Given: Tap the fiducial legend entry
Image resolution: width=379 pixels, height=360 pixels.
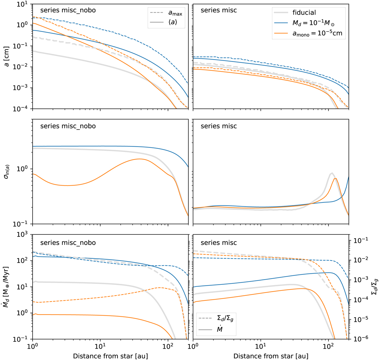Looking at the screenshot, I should click(x=304, y=13).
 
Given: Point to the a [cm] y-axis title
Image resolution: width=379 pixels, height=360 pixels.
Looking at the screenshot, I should click(x=7, y=57).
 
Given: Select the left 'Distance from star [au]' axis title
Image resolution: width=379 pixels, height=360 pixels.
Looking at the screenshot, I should click(x=110, y=356).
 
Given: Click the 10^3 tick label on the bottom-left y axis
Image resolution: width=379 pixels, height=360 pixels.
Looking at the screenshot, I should click(x=22, y=235).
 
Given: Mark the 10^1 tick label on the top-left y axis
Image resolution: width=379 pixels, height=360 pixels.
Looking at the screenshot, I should click(x=22, y=4).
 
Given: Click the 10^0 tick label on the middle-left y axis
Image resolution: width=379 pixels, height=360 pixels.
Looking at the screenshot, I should click(x=22, y=169).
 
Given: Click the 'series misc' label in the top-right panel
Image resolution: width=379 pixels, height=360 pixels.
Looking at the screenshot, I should click(x=219, y=10).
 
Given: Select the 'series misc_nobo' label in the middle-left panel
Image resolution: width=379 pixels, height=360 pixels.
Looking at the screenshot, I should click(x=68, y=126).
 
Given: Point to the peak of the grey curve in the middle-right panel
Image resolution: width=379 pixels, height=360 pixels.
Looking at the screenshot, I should click(x=332, y=173).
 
